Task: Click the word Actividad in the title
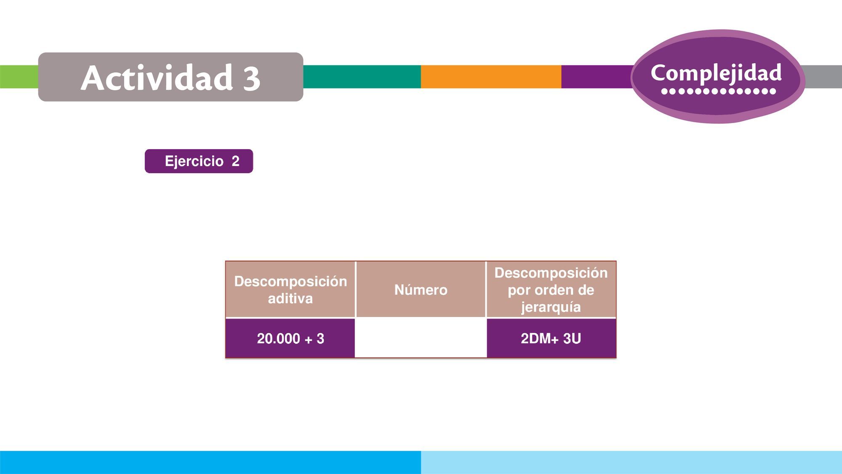[x=157, y=78]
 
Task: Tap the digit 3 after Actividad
[x=251, y=78]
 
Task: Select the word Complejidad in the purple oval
[x=716, y=73]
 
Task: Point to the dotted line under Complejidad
[x=719, y=91]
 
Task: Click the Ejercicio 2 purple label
[x=199, y=161]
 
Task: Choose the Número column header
[x=421, y=289]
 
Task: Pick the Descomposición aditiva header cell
[x=290, y=289]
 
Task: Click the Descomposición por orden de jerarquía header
[x=551, y=289]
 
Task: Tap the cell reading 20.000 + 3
[x=290, y=338]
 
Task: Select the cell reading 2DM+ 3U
[x=551, y=338]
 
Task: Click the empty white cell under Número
[x=421, y=338]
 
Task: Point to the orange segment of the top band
[x=491, y=77]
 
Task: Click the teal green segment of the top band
[x=362, y=77]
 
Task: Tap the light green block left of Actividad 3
[x=19, y=77]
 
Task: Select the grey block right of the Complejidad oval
[x=823, y=77]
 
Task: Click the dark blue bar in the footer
[x=210, y=462]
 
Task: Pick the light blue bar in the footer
[x=631, y=462]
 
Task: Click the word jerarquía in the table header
[x=551, y=307]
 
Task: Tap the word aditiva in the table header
[x=290, y=298]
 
